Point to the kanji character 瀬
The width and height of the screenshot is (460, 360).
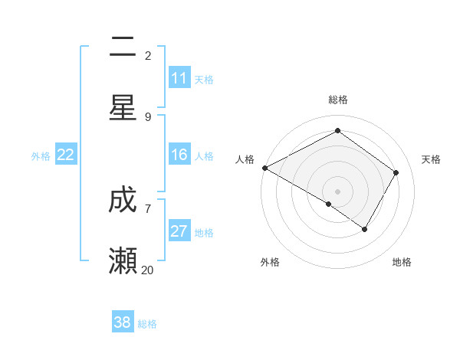(123, 260)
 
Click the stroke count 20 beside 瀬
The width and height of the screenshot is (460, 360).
(148, 269)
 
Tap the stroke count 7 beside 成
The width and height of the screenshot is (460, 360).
(148, 208)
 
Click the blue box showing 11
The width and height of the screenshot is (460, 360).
(179, 78)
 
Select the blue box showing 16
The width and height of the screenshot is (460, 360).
(179, 155)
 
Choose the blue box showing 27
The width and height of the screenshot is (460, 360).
(179, 231)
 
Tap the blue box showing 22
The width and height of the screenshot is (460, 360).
(65, 155)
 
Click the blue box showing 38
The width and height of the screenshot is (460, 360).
(123, 322)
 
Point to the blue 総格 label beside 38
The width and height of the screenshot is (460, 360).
(147, 324)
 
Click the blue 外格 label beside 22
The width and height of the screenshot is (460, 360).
(41, 156)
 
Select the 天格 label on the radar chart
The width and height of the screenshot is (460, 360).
(431, 159)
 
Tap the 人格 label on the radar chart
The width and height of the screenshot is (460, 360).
(245, 159)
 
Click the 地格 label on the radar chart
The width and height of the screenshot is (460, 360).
(402, 262)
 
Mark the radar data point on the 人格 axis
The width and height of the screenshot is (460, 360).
(264, 168)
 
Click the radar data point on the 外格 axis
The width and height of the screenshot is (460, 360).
(329, 204)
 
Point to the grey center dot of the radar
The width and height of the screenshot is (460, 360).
(337, 191)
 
